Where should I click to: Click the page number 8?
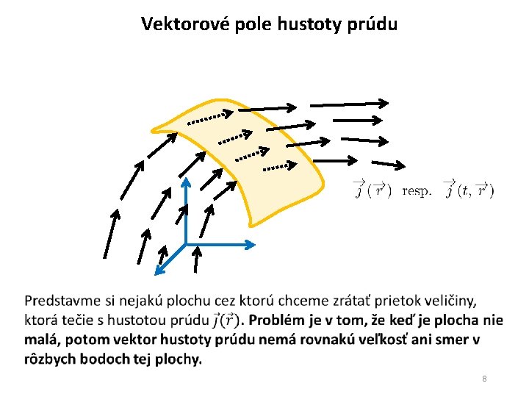[484, 379]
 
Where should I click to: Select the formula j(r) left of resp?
[372, 190]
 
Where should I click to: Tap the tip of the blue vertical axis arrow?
[186, 179]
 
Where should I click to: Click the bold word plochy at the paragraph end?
[181, 360]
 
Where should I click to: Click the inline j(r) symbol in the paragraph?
[226, 320]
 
